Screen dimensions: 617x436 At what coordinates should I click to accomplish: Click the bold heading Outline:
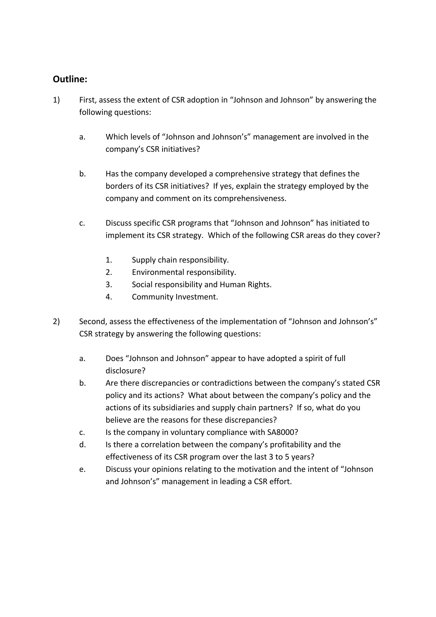click(70, 79)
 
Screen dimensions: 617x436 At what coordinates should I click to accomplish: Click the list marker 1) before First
click(56, 100)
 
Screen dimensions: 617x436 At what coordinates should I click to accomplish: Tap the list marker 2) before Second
click(56, 321)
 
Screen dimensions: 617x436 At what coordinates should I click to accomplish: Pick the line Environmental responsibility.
click(184, 272)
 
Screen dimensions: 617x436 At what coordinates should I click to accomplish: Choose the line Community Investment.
click(175, 297)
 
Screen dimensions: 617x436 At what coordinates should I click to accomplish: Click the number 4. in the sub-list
click(109, 297)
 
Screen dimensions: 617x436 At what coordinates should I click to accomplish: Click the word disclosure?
click(125, 371)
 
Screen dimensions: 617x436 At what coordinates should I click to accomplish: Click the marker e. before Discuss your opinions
click(82, 469)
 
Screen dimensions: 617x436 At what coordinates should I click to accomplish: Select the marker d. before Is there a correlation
click(82, 445)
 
